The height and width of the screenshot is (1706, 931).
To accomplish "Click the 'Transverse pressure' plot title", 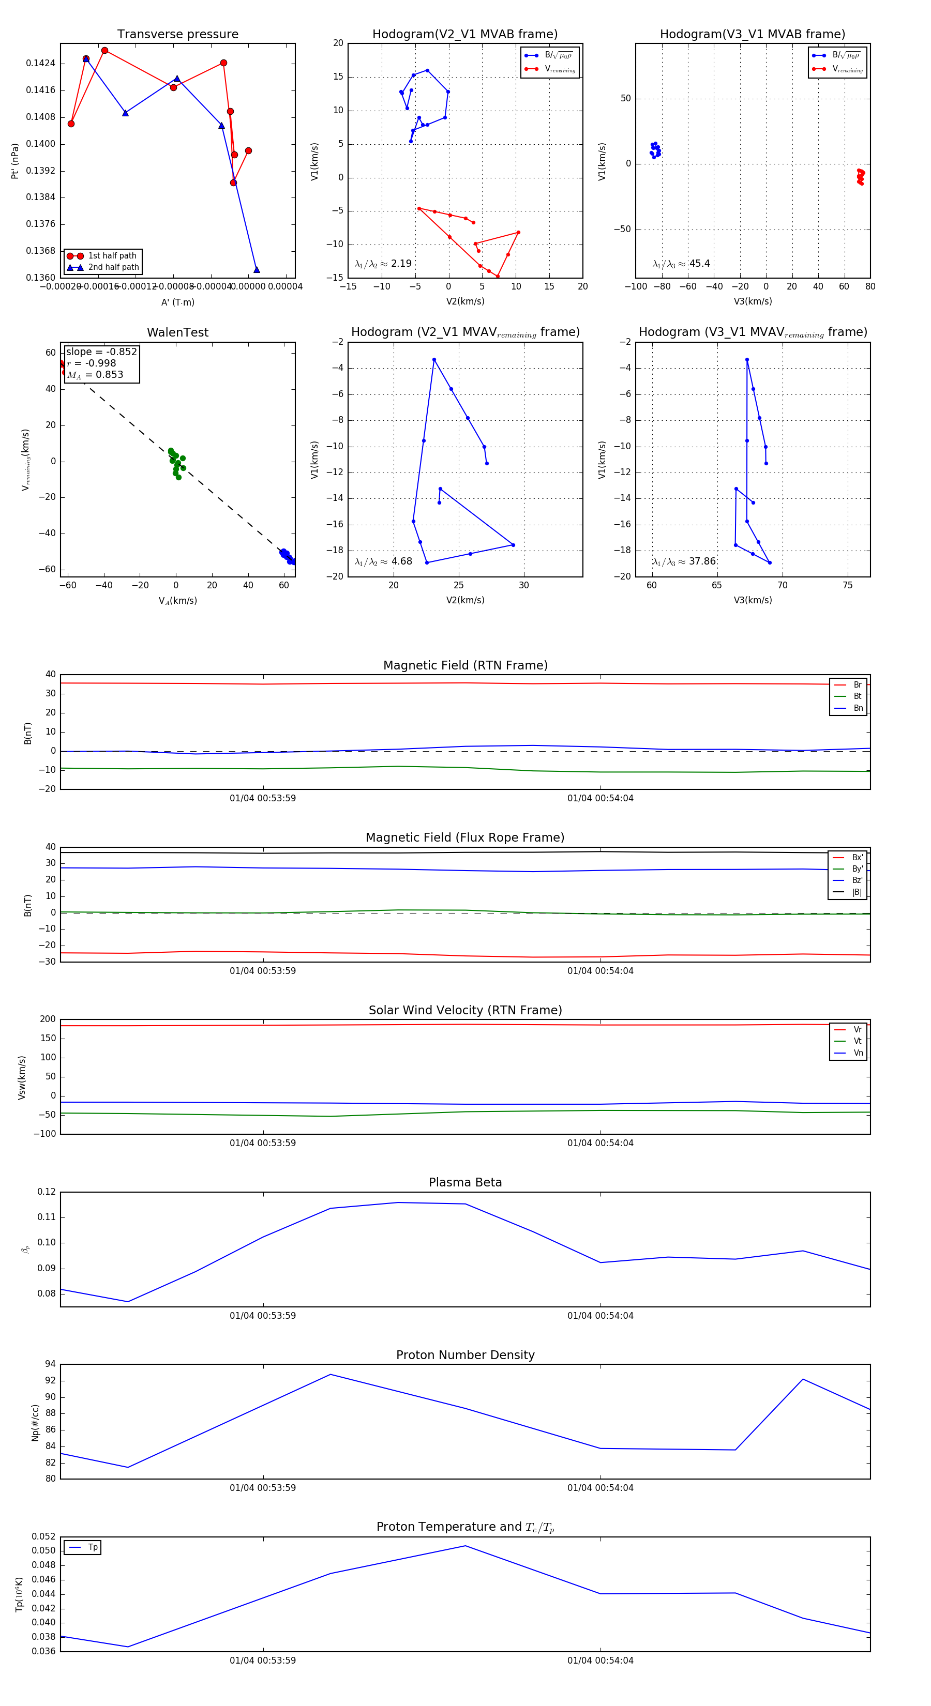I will [177, 35].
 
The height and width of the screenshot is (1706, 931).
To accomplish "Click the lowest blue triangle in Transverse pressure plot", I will [257, 269].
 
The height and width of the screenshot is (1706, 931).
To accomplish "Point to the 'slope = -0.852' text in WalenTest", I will [101, 352].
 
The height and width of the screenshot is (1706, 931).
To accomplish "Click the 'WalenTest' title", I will [177, 332].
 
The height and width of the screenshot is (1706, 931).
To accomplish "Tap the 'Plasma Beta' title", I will [465, 1182].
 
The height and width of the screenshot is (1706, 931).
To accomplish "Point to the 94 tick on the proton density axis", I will [50, 1364].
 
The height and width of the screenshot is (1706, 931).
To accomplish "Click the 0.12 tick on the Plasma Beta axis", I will [47, 1192].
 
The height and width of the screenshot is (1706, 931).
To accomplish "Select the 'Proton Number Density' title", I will [465, 1355].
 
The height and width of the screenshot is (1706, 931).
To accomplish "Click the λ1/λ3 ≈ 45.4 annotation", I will [681, 264].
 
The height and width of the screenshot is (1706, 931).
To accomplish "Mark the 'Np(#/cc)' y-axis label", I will [35, 1423].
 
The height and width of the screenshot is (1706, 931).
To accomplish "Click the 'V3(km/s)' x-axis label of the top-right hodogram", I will [752, 301].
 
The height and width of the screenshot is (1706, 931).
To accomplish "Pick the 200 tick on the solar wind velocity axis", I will [48, 1019].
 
